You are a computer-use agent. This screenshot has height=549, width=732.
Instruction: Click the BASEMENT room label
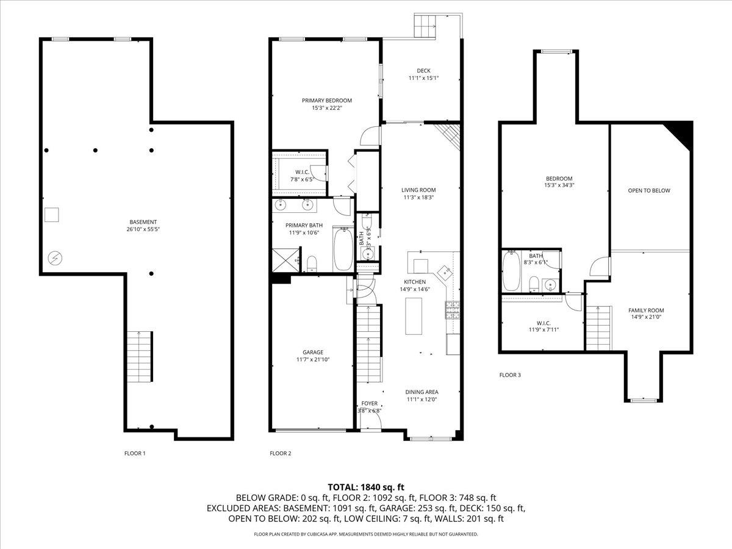tap(143, 222)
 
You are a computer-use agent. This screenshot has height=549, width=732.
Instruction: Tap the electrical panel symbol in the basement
tap(55, 258)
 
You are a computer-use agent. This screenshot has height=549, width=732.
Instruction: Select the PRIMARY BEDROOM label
tap(327, 100)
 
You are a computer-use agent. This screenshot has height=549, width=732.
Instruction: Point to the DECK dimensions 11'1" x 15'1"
tap(423, 78)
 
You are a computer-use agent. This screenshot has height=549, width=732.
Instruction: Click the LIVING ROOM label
tap(418, 190)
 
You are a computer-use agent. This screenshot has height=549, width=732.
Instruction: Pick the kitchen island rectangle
tap(414, 316)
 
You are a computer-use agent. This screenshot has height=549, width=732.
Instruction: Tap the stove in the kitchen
tap(453, 310)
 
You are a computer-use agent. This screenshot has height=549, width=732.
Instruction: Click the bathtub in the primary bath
tap(343, 249)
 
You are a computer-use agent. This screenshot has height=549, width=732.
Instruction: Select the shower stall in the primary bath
tap(285, 260)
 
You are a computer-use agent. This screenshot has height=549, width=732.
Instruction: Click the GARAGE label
tap(313, 352)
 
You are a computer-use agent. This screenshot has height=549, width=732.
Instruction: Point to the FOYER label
tap(370, 403)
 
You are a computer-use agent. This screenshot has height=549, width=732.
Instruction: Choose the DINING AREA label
tap(422, 392)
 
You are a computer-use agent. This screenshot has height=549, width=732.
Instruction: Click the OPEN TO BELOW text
tap(649, 191)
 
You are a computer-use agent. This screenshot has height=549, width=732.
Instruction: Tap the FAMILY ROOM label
tap(646, 310)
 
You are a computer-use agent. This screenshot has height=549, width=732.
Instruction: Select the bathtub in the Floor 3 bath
tap(511, 271)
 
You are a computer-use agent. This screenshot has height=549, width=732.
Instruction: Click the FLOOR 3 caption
tap(510, 375)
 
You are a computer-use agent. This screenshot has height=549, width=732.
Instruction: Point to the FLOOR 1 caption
tap(135, 453)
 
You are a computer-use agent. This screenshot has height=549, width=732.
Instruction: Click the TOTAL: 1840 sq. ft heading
tap(366, 487)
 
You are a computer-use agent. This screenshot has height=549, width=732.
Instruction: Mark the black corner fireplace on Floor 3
tap(680, 134)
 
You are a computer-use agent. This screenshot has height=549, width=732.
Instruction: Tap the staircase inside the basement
tap(140, 356)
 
